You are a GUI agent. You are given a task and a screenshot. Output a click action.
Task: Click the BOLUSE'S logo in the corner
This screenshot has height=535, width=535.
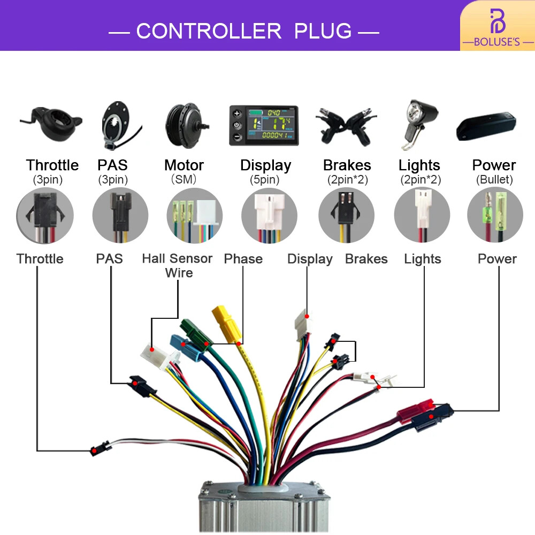coord(498,28)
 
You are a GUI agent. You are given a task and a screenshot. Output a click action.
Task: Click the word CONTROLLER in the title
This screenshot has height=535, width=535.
coord(209,31)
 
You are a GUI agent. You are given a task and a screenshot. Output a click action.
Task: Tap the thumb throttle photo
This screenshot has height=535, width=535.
coord(52,124)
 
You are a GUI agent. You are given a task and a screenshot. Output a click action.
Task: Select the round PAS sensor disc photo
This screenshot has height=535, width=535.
coord(118,125)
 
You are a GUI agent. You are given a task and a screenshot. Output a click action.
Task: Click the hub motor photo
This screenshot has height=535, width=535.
coord(186,126)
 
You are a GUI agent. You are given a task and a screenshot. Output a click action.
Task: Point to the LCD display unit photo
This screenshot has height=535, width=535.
coord(264,125)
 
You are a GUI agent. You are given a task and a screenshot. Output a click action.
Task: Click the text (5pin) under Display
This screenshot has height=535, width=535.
coord(264,179)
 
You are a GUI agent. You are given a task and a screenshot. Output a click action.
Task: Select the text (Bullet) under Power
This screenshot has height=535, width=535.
coord(494,179)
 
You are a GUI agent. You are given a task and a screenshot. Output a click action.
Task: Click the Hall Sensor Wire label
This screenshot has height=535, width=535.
coord(178,265)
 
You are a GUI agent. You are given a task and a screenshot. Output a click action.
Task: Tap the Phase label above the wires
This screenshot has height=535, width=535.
coord(243,259)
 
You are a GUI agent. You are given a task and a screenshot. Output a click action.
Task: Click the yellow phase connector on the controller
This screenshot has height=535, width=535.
coord(226,324)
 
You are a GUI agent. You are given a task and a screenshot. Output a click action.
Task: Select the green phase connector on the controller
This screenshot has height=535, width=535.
coord(195,335)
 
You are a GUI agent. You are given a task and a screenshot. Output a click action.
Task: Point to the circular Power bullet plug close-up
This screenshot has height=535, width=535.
coord(495,215)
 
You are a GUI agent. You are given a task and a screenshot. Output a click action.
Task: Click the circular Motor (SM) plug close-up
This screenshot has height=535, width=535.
coord(195,215)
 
